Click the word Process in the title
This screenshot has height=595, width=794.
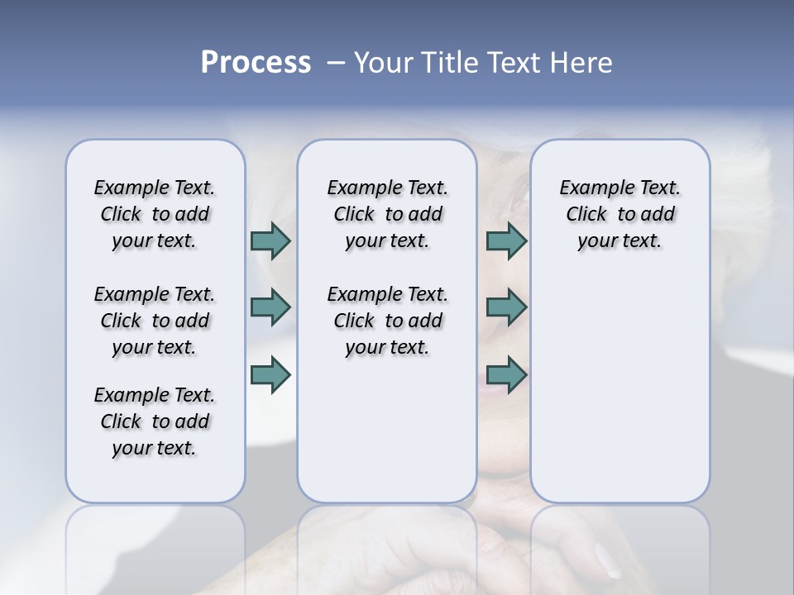coord(256,62)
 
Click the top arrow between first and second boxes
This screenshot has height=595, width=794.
coord(270,240)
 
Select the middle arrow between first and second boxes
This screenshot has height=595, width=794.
coord(270,307)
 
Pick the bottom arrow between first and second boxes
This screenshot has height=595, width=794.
coord(270,374)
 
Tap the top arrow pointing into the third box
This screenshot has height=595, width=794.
coord(506,240)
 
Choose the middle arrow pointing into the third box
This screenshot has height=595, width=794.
coord(506,307)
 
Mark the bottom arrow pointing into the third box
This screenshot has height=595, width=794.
coord(506,374)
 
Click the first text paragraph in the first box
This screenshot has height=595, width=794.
coord(155,214)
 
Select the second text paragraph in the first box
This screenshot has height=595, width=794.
coord(155,321)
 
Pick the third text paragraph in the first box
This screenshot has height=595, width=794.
coord(155,421)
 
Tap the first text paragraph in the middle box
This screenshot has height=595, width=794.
coord(387,214)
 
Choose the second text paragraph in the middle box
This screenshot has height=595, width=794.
coord(387,321)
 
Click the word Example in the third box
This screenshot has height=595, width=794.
coord(590,188)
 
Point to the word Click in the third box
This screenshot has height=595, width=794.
coord(586,215)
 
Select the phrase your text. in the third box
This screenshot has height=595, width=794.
coord(619,241)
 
